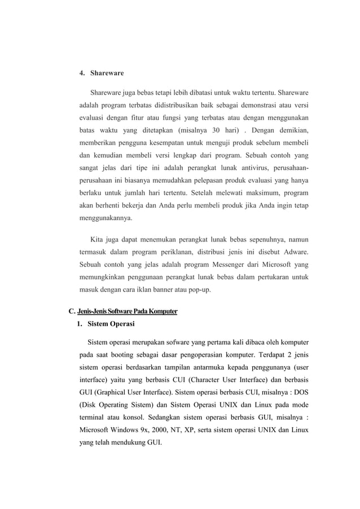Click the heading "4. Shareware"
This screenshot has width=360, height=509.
click(x=101, y=73)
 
